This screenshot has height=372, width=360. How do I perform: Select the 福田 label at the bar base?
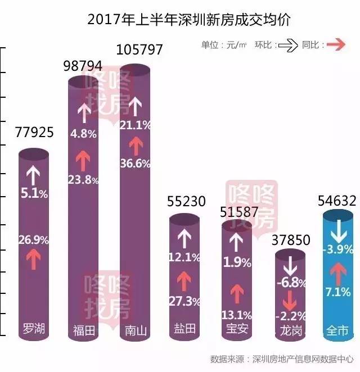pyautogui.click(x=84, y=330)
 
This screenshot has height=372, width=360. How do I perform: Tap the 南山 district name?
pyautogui.click(x=135, y=330)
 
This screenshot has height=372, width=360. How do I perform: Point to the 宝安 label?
pyautogui.click(x=236, y=330)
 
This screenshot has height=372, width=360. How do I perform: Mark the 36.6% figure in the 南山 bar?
pyautogui.click(x=135, y=164)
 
